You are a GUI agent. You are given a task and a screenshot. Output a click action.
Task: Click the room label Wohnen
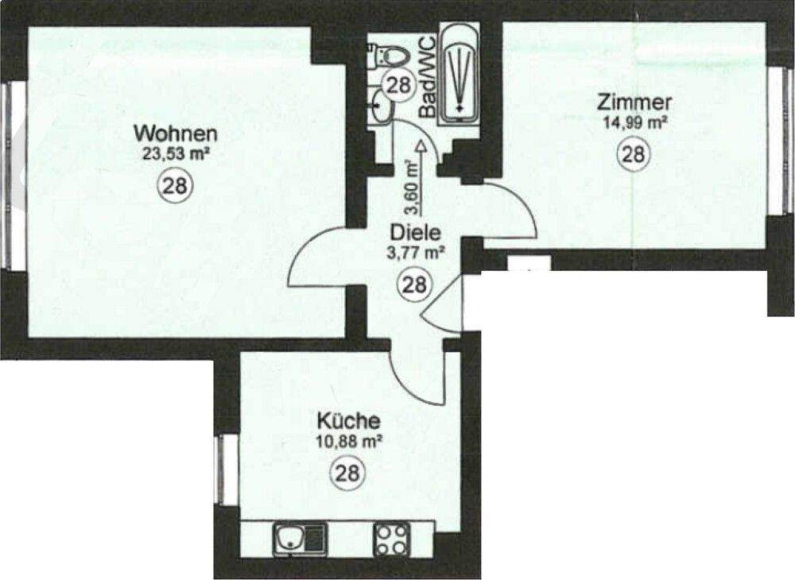coord(175,132)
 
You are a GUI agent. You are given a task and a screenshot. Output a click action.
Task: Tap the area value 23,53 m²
coord(175,153)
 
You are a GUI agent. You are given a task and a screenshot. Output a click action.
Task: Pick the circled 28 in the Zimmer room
coord(633,154)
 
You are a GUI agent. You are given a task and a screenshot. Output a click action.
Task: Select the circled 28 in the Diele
coord(414,284)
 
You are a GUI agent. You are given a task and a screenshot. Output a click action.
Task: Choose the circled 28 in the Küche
coord(347,474)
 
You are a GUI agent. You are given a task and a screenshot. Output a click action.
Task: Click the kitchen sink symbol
coord(299,539)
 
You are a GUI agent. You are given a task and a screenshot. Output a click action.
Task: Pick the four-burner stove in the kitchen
coord(391,539)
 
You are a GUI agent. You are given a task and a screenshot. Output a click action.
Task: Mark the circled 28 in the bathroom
coord(398,84)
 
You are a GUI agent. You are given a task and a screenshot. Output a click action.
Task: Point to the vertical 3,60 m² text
coord(412,188)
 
